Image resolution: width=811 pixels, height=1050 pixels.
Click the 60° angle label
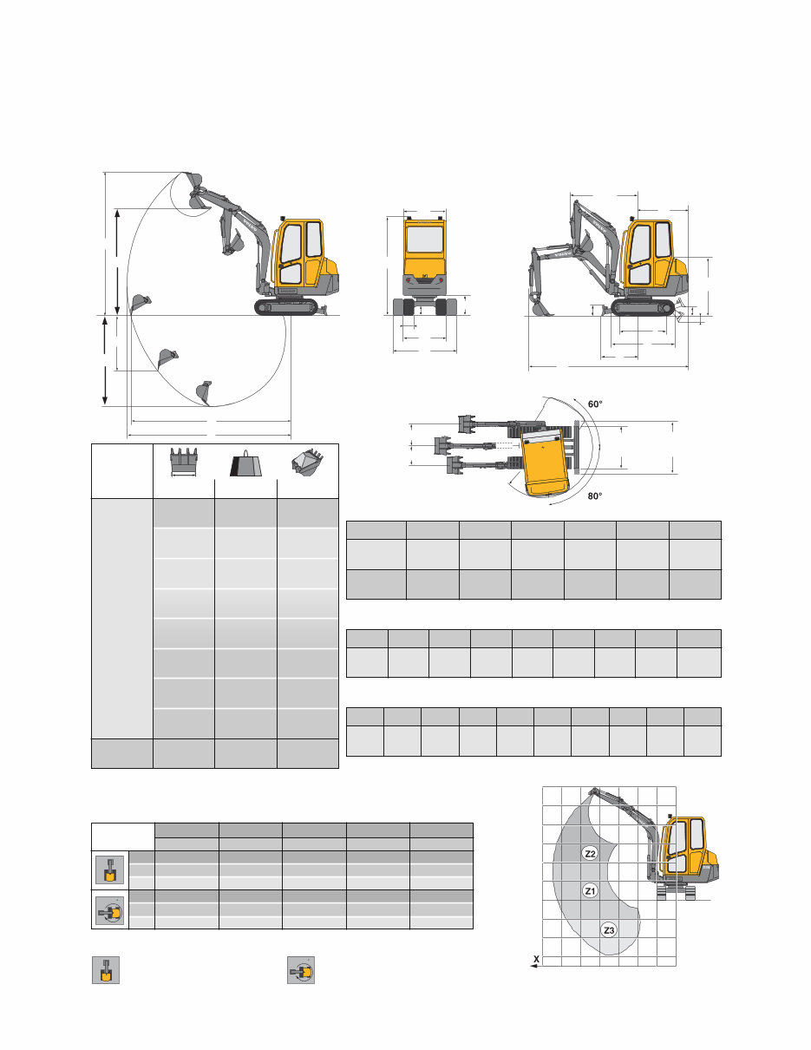point(594,404)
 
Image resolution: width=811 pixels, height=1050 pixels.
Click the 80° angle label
point(594,496)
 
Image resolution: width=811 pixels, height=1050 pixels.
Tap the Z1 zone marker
point(590,890)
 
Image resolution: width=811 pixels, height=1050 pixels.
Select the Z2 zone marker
point(590,854)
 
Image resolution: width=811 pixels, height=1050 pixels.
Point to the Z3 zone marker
point(609,930)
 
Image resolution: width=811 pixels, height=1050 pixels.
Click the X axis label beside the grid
point(537,960)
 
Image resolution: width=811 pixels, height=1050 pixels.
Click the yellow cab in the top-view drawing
point(545,461)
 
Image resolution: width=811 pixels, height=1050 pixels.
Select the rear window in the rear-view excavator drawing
point(424,240)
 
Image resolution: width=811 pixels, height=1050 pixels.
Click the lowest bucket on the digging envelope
point(205,393)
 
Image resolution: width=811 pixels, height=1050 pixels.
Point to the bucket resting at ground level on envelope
point(140,304)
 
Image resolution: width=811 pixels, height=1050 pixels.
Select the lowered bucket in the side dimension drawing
point(540,306)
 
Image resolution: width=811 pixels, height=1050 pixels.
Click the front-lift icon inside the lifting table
point(109,870)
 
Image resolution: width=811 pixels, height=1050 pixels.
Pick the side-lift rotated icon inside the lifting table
point(109,909)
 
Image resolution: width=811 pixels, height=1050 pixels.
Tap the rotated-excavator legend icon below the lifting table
point(301,969)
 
